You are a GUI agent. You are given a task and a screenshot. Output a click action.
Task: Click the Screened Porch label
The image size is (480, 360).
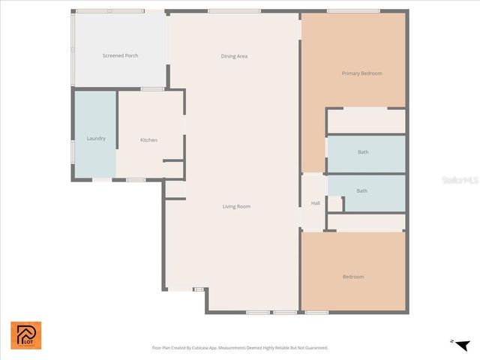[x=120, y=55]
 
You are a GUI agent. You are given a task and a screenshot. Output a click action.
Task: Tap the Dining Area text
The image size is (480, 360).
[x=234, y=56]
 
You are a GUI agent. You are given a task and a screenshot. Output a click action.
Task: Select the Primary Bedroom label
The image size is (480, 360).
[x=361, y=73]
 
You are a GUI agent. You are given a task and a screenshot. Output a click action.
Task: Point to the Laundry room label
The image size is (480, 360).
[x=96, y=138]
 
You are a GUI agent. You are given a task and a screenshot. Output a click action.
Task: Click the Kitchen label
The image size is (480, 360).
[x=148, y=140]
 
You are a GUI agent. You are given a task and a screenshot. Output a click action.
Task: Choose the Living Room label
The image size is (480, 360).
[x=236, y=206]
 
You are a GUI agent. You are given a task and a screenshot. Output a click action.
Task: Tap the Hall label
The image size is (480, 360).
[x=316, y=203]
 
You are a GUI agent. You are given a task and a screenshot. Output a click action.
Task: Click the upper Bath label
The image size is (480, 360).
[x=363, y=152]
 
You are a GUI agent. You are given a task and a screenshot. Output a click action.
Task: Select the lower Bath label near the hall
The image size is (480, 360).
[x=361, y=190]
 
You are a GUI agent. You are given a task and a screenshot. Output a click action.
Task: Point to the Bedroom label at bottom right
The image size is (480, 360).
[x=353, y=277]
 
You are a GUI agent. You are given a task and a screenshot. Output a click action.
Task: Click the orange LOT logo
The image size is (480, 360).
[x=26, y=335]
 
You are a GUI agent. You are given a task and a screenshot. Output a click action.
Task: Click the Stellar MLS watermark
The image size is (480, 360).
[x=460, y=180]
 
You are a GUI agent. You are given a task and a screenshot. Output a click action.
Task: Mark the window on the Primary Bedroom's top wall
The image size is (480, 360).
[x=352, y=10]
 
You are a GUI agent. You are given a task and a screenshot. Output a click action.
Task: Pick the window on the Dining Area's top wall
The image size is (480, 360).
[x=234, y=10]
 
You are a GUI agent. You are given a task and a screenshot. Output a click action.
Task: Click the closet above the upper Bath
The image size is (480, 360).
[x=366, y=121]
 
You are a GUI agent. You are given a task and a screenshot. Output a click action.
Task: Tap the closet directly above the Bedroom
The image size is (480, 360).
[x=366, y=223]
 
